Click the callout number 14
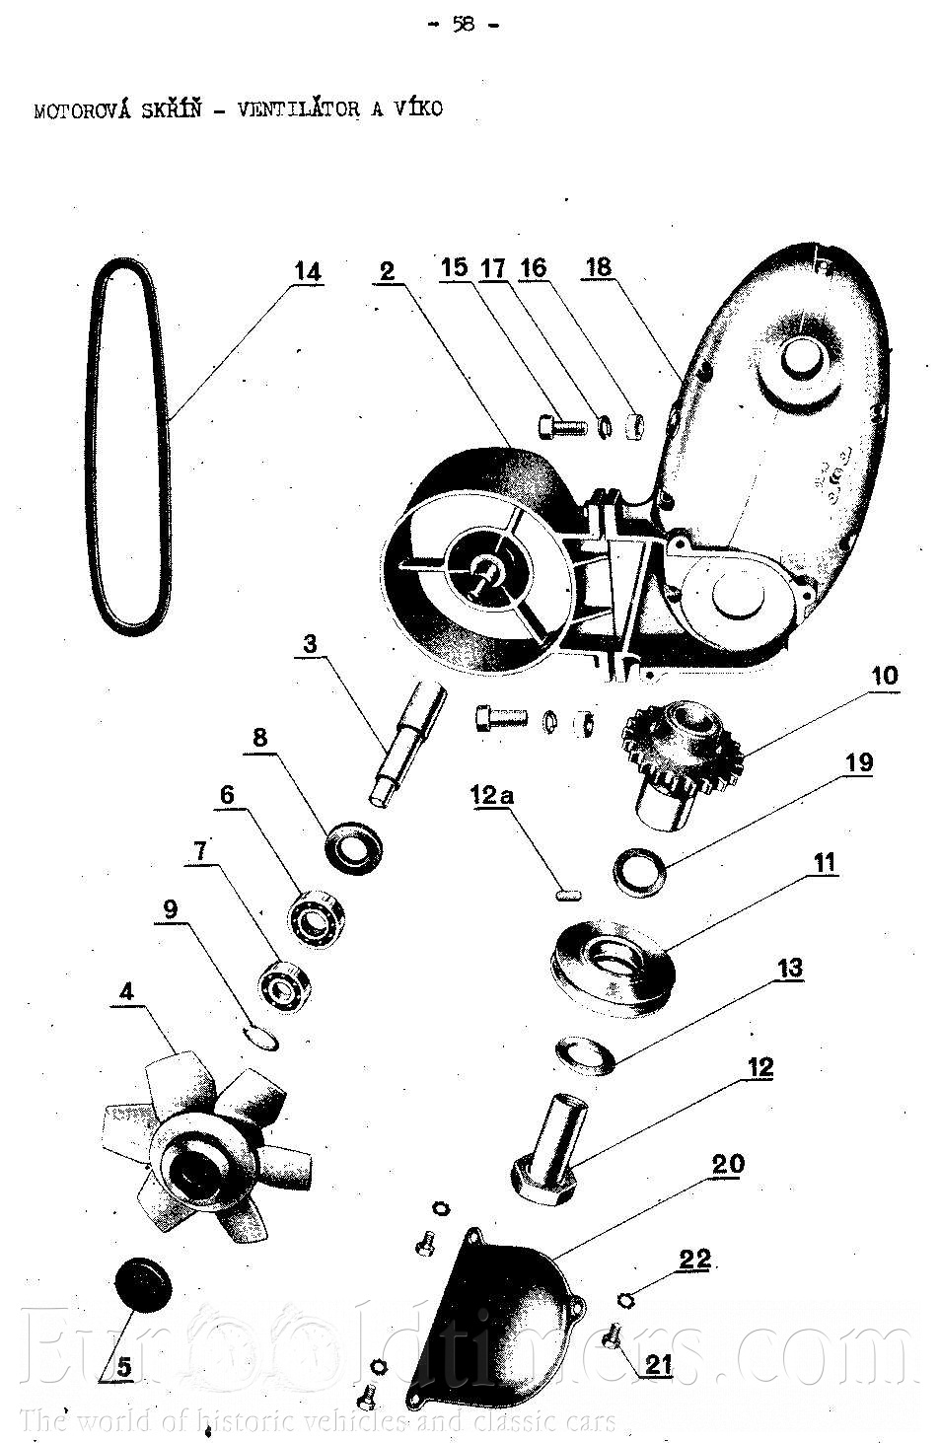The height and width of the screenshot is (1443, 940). [308, 272]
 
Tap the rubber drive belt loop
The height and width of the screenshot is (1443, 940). [91, 445]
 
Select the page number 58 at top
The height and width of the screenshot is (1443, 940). [464, 24]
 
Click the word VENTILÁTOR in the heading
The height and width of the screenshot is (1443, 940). [298, 108]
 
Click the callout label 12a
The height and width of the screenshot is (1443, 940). [492, 796]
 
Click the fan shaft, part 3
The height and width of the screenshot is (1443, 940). [406, 740]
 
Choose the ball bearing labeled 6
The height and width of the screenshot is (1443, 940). [316, 917]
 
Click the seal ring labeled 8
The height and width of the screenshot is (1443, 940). [353, 847]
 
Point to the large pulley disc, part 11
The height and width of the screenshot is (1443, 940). [613, 969]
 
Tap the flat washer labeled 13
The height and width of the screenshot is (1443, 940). [585, 1055]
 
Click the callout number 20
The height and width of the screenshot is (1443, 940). [728, 1165]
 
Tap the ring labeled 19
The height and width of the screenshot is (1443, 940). [639, 872]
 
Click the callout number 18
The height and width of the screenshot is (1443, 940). [599, 266]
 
